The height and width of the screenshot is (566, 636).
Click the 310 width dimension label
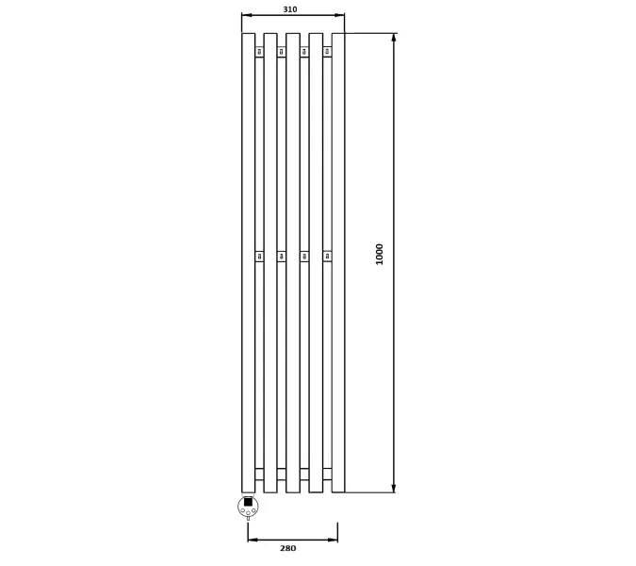pos(290,9)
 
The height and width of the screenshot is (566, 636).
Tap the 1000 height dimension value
pos(380,254)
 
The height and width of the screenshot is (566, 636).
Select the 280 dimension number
pos(288,548)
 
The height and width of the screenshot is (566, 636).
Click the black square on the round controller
pos(248,502)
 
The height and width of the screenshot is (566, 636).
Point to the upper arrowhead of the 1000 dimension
pos(394,38)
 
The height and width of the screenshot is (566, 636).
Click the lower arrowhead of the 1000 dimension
pos(394,488)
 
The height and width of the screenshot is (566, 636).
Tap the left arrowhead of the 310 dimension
pos(247,15)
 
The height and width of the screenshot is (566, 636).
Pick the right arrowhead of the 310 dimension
pos(340,15)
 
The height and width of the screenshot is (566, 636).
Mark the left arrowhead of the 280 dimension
pos(253,540)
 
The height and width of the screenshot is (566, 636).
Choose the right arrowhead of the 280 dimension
pos(333,540)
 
